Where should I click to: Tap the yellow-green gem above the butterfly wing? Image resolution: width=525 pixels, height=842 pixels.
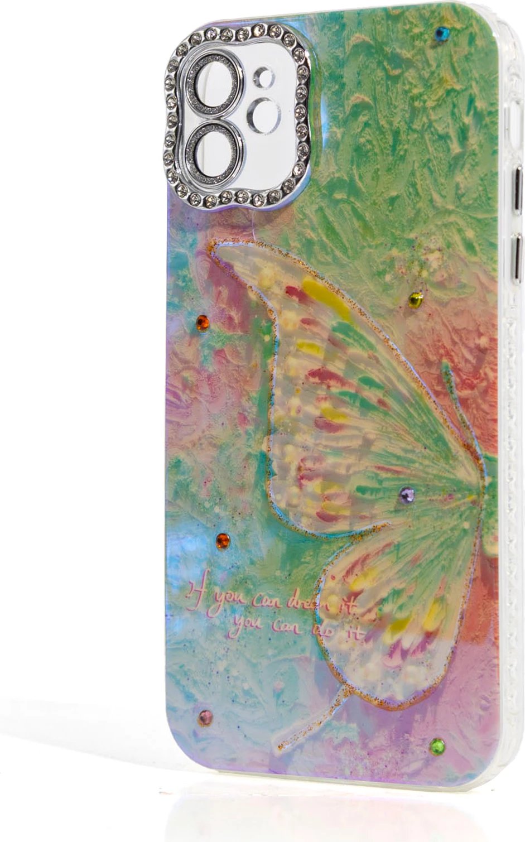point(415,300)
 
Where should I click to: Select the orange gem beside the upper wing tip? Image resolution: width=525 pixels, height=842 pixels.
point(203,323)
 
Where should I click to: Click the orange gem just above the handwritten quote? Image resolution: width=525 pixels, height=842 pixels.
point(223,540)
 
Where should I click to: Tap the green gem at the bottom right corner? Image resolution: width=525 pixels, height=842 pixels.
point(437,745)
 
